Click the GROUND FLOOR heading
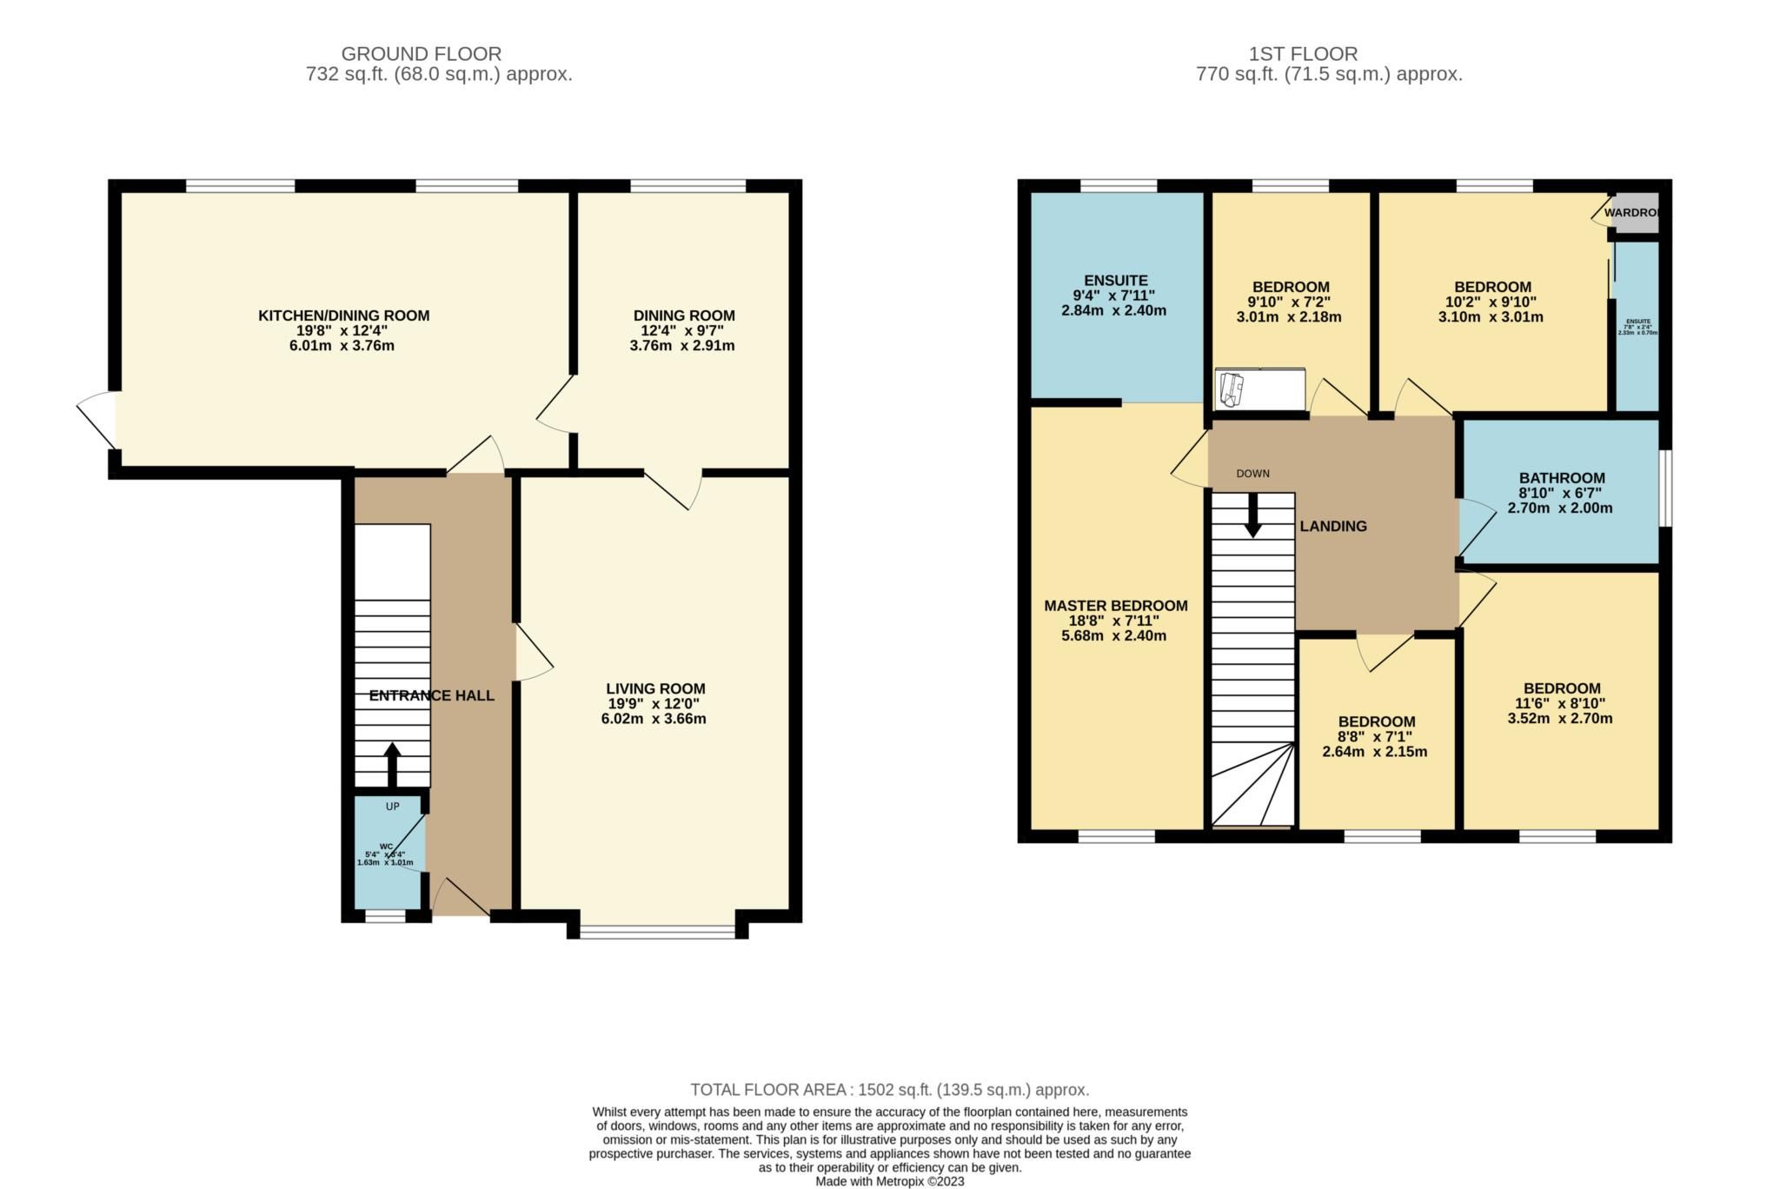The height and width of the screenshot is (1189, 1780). [x=421, y=54]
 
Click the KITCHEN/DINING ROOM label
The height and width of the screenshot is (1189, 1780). [x=343, y=316]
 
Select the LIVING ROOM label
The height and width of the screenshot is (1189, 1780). [x=655, y=688]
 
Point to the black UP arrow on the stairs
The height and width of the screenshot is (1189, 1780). [x=392, y=763]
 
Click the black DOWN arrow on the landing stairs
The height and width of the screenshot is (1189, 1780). [x=1252, y=515]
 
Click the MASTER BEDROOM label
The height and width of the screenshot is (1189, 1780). [x=1115, y=606]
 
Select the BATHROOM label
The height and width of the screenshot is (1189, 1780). [x=1561, y=478]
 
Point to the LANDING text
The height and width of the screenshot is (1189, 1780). [x=1332, y=526]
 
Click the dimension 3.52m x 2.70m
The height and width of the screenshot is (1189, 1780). [x=1559, y=719]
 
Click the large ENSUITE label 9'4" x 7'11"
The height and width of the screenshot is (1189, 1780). [x=1115, y=281]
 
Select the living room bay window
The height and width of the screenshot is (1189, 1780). [x=657, y=933]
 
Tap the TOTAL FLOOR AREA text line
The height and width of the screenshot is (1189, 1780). [x=889, y=1090]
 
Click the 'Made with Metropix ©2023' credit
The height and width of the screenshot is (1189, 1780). [x=889, y=1181]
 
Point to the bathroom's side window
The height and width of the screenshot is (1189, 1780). [x=1664, y=488]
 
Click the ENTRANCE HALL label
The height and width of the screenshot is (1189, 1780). [x=431, y=695]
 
